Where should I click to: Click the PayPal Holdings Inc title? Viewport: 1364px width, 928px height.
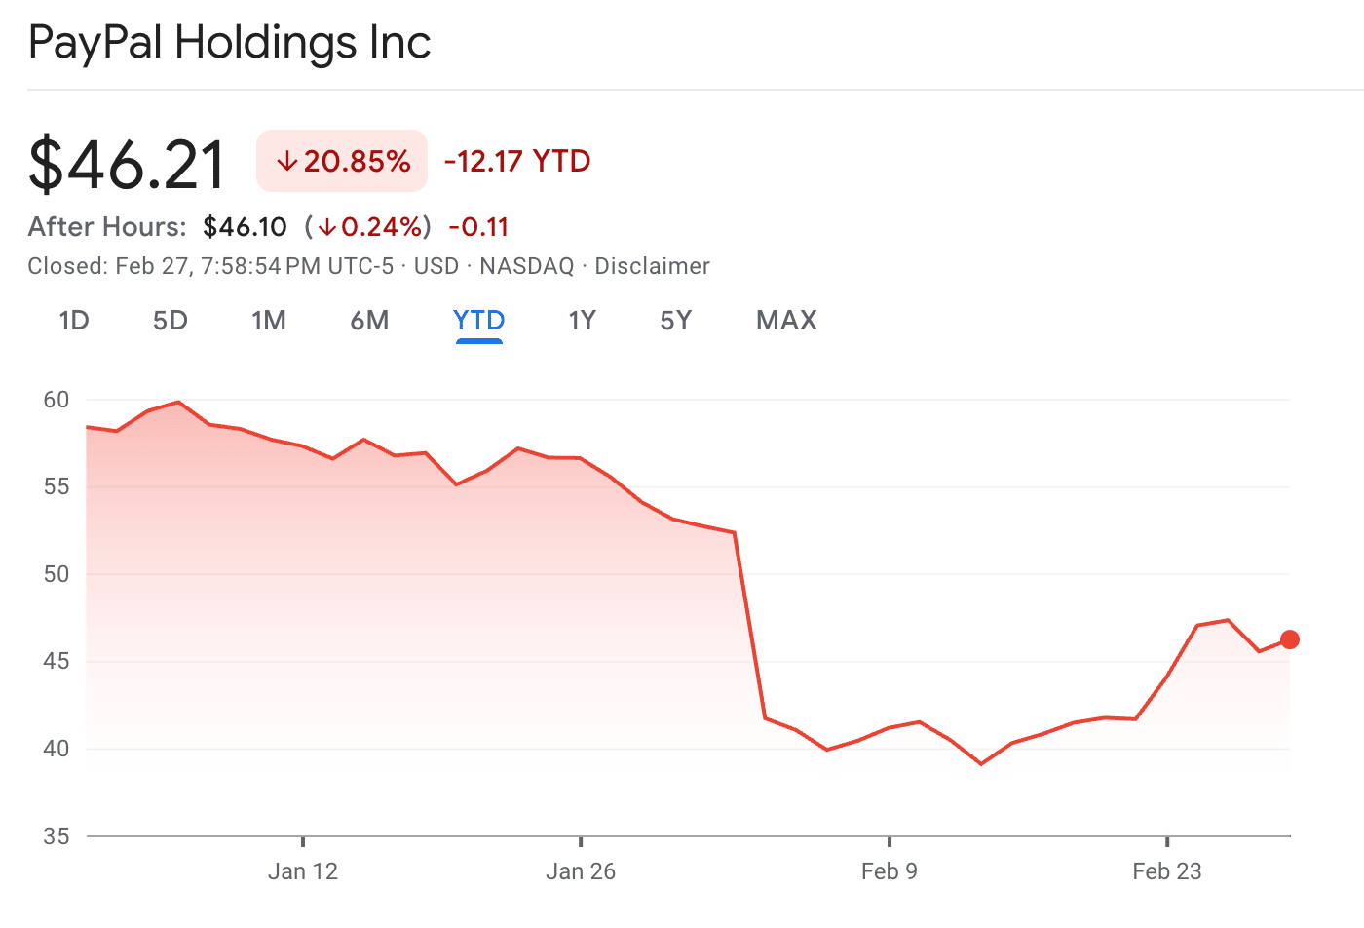click(229, 43)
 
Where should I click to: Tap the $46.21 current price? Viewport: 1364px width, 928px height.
click(127, 164)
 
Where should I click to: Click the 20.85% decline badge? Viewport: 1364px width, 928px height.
click(342, 161)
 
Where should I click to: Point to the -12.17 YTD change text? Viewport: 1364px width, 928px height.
click(517, 161)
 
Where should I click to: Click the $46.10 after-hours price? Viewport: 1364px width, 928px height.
click(245, 227)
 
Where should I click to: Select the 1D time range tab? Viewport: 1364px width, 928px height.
click(74, 321)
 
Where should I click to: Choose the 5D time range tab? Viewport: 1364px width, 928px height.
click(170, 321)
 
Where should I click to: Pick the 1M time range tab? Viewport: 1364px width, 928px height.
click(269, 321)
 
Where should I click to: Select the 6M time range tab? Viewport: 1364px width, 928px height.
click(369, 321)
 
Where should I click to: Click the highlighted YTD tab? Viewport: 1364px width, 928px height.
click(478, 321)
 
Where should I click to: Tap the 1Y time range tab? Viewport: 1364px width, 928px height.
click(582, 321)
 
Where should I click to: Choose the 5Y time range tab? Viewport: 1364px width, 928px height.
click(676, 321)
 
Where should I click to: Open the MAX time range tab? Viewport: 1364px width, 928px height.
click(786, 321)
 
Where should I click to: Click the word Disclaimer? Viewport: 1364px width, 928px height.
click(652, 266)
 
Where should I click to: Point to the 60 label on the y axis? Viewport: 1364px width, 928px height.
click(57, 400)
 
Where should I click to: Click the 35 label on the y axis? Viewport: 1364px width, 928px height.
click(57, 836)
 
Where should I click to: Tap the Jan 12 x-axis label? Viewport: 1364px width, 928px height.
click(303, 871)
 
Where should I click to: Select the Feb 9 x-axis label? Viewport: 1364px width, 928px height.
click(889, 871)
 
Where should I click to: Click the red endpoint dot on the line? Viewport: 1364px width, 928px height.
click(1289, 639)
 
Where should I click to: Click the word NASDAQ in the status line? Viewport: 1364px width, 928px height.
click(527, 266)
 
